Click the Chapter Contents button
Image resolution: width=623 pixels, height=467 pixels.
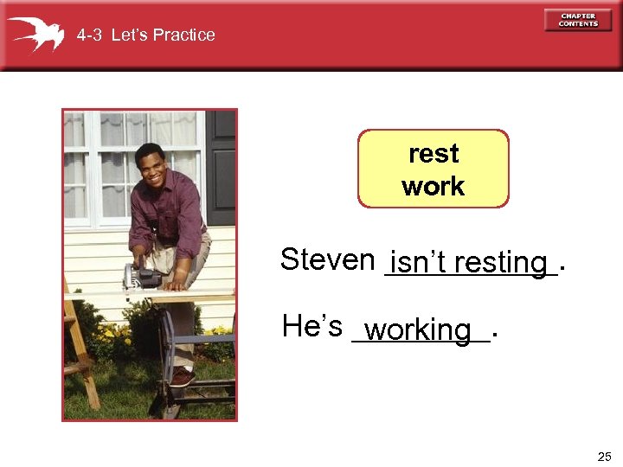[x=578, y=20]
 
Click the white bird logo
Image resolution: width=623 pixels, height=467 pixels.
[x=35, y=34]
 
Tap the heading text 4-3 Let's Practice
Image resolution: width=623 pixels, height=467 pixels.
[x=145, y=35]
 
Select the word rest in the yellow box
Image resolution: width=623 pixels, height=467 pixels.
[x=434, y=154]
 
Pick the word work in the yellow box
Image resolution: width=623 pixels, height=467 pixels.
[x=434, y=186]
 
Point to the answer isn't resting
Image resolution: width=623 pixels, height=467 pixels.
[x=468, y=261]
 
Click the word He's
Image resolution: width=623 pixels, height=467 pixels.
[x=312, y=326]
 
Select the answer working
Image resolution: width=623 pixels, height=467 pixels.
[x=418, y=329]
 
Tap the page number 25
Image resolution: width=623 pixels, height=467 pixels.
[x=603, y=456]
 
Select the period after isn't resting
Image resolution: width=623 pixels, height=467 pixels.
[x=563, y=268]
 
